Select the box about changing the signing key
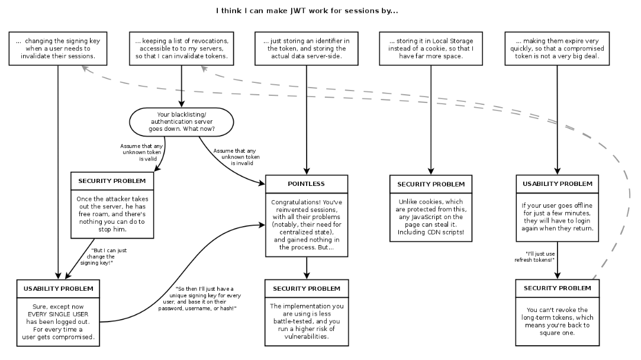58,49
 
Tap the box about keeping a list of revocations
181,49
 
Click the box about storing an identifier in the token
306,49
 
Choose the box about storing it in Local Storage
431,49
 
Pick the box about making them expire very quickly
557,49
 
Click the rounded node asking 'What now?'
181,122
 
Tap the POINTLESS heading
306,184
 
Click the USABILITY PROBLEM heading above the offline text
558,184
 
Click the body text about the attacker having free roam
112,211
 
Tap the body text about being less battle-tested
306,321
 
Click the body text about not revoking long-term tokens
558,320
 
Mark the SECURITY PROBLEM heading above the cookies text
431,184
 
